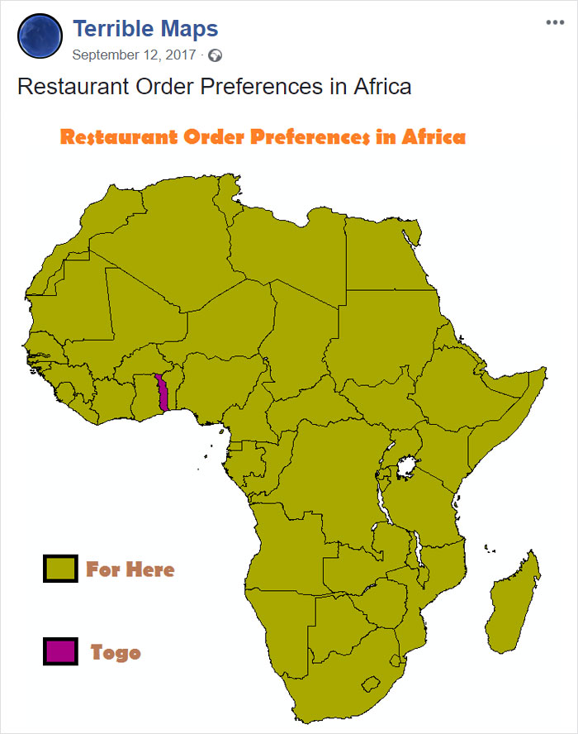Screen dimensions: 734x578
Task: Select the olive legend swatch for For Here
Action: click(60, 569)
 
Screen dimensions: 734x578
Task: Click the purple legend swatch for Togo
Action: click(60, 651)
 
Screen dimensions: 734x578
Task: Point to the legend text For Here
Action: click(130, 570)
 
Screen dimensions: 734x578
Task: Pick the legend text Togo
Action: click(116, 652)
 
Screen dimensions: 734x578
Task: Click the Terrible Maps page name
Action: click(145, 30)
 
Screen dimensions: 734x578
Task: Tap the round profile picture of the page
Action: click(39, 36)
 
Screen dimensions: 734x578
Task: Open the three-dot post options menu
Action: click(555, 22)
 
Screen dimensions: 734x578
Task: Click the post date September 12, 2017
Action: click(135, 55)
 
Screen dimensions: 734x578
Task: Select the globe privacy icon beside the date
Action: click(216, 56)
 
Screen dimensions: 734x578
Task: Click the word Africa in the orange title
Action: click(433, 137)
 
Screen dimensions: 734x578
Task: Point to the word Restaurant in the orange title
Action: click(119, 137)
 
